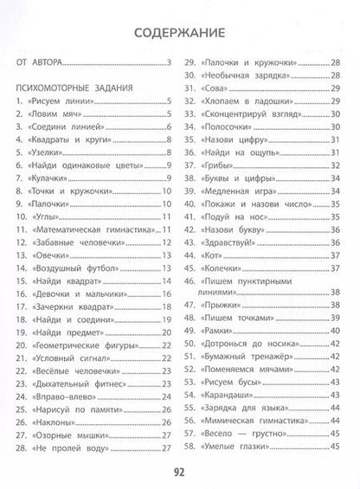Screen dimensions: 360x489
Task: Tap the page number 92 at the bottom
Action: pos(180,471)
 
